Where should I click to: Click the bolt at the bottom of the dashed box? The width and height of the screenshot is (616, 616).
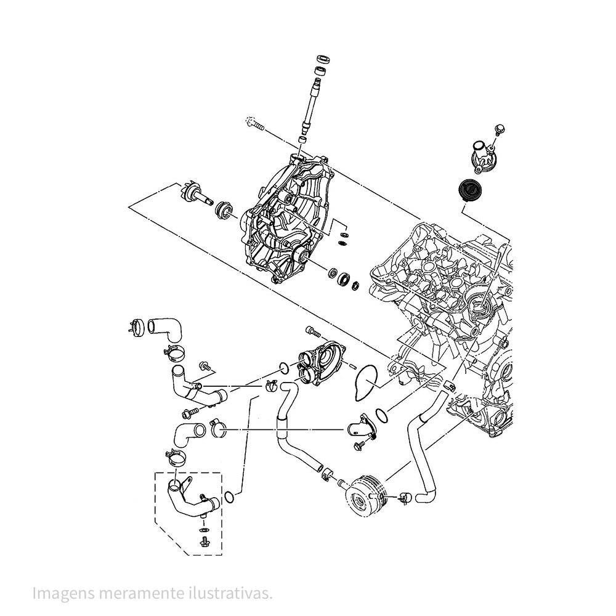203,542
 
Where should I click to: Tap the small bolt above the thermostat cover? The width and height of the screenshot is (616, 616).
500,129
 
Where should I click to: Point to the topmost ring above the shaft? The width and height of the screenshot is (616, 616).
323,59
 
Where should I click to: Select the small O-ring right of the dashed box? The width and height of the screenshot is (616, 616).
229,496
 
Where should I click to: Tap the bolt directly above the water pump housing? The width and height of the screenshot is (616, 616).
313,333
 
